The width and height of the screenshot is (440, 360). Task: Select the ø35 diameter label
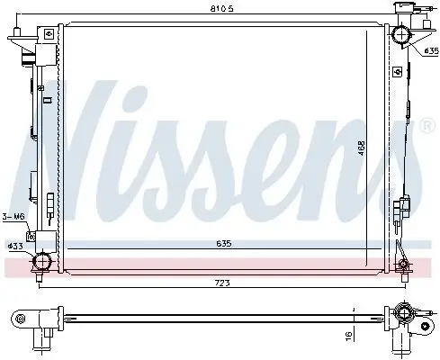(x=429, y=51)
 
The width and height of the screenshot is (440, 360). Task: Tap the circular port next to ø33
(x=40, y=263)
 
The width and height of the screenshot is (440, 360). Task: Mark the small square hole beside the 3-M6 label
(x=31, y=237)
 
